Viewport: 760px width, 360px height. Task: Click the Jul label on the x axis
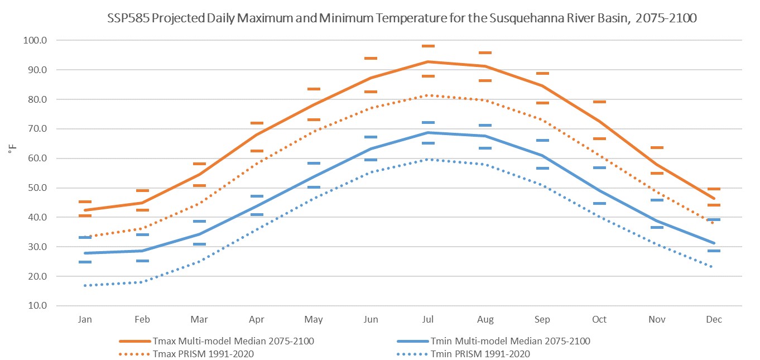coord(428,320)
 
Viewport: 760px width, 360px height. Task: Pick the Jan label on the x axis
coord(85,320)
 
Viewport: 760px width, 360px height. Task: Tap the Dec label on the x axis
coord(714,320)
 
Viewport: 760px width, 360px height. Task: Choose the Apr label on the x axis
coord(256,320)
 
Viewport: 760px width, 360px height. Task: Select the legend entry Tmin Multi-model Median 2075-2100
coord(510,341)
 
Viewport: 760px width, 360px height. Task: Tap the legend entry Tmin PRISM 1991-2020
coord(480,354)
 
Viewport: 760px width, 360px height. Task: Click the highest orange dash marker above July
coord(428,46)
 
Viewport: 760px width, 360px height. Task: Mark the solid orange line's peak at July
coord(428,61)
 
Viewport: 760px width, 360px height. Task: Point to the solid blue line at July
coord(428,132)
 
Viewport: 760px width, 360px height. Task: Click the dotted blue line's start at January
coord(85,285)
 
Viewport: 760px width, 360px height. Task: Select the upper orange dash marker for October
coord(599,102)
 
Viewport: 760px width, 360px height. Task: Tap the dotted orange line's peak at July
coord(428,95)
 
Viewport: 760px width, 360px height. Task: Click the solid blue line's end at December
coord(714,243)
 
